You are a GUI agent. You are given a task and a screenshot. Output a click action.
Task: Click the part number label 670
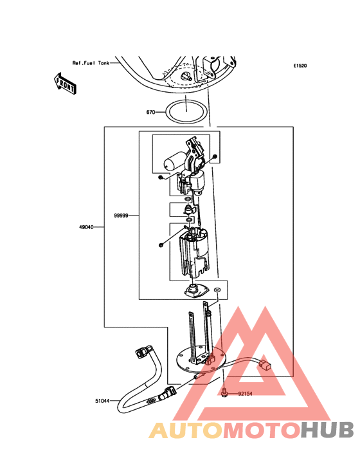[x=150, y=113]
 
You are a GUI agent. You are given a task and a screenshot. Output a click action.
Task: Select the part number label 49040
[x=86, y=227]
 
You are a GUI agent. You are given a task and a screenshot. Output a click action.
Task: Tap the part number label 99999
[x=122, y=216]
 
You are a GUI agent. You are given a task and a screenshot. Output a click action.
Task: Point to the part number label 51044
[x=103, y=401]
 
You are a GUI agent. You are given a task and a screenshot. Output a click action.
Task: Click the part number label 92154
[x=246, y=394]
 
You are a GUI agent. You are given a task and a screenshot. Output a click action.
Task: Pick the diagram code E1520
[x=300, y=66]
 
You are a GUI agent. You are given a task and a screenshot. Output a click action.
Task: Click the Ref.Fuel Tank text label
[x=91, y=63]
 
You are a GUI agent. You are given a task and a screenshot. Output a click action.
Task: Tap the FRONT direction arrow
[x=65, y=84]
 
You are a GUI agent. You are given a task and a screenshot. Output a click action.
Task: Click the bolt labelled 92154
[x=224, y=393]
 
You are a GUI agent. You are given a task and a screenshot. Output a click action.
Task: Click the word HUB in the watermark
[x=328, y=430]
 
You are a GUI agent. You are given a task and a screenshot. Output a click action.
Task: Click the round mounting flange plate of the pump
[x=179, y=364]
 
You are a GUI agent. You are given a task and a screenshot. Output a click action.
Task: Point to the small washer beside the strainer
[x=217, y=290]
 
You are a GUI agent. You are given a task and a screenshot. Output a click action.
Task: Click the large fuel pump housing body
[x=194, y=252]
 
